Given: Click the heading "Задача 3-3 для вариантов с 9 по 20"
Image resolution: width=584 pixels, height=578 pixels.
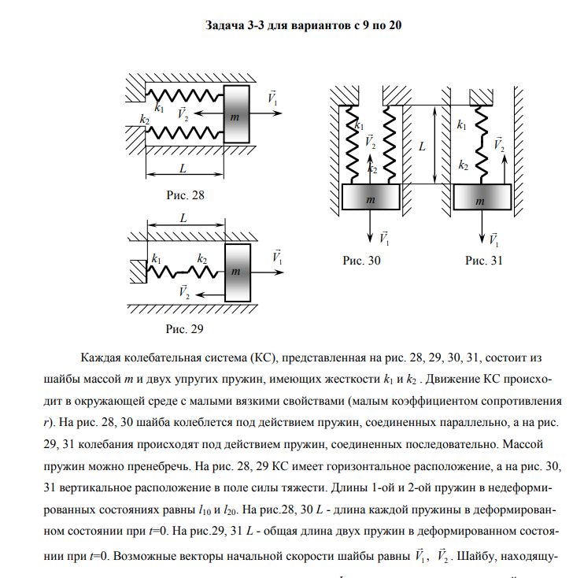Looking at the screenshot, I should coord(304,25).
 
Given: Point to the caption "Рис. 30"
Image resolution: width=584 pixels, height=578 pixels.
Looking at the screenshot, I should coord(361,260).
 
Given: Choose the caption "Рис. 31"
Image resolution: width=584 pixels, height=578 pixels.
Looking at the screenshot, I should coord(483,260).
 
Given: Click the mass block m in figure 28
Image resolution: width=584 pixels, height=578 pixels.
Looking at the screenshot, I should coord(237,116).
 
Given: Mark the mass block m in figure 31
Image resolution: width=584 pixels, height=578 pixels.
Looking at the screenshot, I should coord(482,201).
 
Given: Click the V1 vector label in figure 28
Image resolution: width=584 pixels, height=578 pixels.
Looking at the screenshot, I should coord(273,99).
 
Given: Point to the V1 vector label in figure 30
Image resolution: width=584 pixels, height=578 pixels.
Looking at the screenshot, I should coord(383,236).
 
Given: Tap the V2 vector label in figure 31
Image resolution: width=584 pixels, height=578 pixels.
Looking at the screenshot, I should coord(498,145).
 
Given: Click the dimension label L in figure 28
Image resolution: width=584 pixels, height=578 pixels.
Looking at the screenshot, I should coord(183,169).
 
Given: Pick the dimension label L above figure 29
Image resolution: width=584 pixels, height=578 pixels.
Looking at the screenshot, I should coord(183,218).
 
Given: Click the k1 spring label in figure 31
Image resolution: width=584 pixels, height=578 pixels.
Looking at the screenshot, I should coord(462,124).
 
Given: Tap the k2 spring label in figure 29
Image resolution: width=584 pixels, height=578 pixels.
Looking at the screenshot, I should coord(201,258).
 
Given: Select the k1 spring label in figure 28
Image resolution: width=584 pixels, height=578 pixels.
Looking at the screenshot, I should coord(161,108).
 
